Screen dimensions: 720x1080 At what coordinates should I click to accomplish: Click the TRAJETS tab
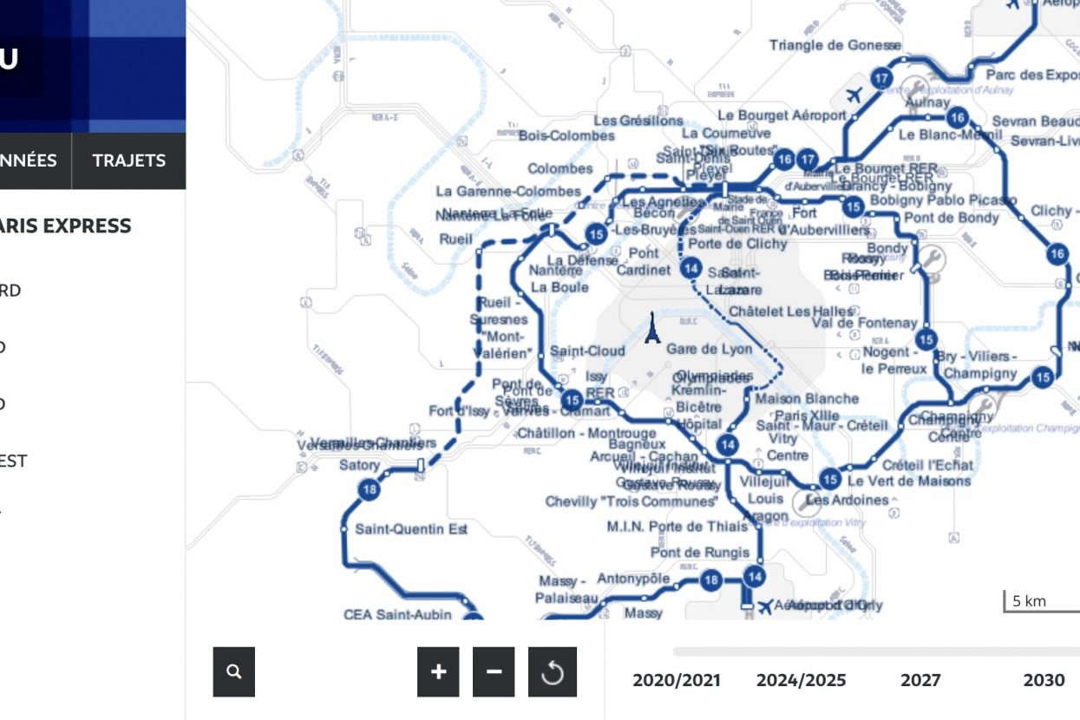pos(128,160)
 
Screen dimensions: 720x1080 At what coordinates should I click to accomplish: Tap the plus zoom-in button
pos(438,671)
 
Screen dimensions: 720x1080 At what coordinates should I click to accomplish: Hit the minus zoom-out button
pos(494,671)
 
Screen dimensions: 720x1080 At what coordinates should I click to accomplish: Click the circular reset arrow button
pos(553,671)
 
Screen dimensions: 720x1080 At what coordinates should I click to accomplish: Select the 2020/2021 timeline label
pos(677,680)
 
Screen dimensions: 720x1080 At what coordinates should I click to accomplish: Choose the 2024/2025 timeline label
pos(801,680)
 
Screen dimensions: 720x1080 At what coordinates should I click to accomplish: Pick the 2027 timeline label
pos(920,680)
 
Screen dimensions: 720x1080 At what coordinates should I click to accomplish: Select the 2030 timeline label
pos(1044,680)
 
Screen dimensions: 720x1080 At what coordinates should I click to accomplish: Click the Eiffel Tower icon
pos(652,329)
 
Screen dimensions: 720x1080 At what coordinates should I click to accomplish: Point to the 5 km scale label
pos(1030,601)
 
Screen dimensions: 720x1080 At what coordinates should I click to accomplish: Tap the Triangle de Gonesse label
pos(835,45)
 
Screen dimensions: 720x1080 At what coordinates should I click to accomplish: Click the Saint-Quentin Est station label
pos(411,529)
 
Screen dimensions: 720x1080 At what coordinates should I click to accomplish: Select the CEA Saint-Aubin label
pos(397,615)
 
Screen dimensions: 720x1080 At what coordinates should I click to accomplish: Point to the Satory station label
pos(359,465)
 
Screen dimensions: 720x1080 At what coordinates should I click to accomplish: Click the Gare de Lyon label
pos(709,350)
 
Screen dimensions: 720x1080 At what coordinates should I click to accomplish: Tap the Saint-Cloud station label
pos(587,351)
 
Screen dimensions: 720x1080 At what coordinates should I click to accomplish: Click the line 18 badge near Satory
pos(370,489)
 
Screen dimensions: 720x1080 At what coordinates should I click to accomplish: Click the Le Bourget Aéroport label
pos(782,115)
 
